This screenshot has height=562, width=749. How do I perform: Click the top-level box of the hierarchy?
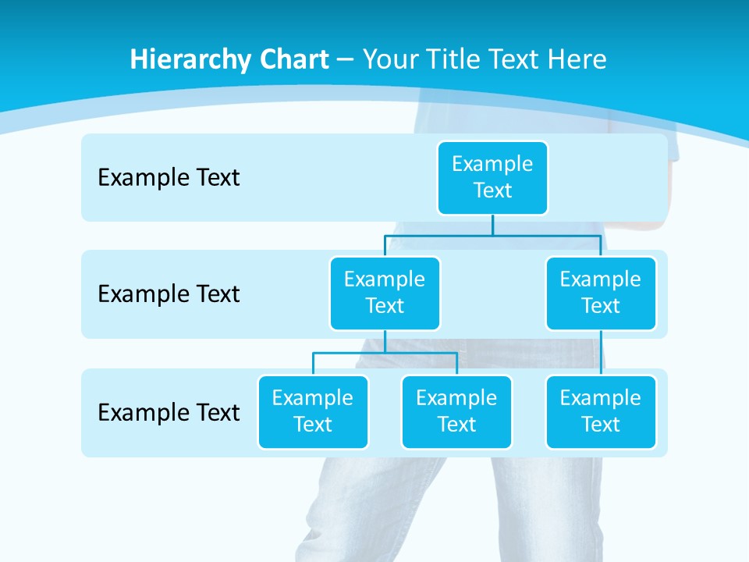tap(492, 178)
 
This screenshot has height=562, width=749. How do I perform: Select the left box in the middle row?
tap(385, 293)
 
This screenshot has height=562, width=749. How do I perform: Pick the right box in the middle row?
tap(601, 293)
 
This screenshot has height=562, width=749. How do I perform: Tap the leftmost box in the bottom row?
tap(313, 412)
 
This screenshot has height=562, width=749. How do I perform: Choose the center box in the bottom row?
tap(456, 412)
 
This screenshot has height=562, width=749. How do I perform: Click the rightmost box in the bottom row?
tap(601, 412)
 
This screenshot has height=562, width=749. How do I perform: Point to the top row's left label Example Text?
tap(169, 178)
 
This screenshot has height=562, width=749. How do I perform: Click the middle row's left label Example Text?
tap(169, 294)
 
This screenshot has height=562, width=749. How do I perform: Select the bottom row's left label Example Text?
tap(169, 413)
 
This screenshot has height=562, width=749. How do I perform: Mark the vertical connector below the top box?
tap(492, 225)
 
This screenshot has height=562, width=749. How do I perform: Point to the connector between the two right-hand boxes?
tap(601, 353)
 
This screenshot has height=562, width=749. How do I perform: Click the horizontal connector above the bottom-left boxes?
tap(385, 353)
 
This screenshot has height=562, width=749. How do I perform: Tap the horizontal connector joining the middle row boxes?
tap(492, 235)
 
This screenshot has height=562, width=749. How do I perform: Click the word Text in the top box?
tap(492, 191)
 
